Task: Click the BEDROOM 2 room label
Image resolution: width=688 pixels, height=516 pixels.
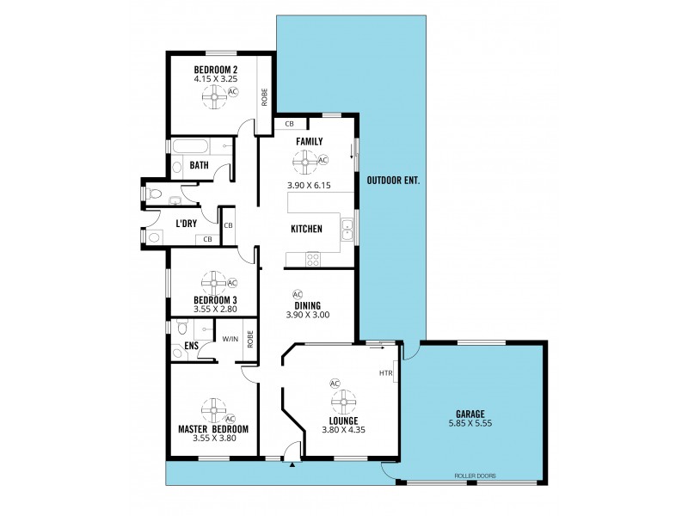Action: tap(215, 70)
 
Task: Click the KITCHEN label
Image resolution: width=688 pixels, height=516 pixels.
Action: tap(306, 229)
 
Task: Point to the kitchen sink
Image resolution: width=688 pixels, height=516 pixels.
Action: tap(347, 230)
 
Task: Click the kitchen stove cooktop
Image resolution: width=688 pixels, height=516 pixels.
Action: tap(313, 257)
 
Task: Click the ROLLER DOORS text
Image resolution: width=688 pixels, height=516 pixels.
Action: tap(475, 476)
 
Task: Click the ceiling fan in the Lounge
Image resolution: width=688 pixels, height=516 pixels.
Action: tap(344, 401)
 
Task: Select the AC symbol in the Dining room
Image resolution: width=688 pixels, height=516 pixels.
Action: tap(298, 293)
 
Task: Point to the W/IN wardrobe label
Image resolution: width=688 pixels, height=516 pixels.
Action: tap(230, 339)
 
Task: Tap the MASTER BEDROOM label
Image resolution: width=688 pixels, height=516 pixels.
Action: tap(213, 428)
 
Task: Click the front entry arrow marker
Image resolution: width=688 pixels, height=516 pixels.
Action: tap(293, 465)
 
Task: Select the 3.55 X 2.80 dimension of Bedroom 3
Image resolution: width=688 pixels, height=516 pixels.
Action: tap(214, 310)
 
